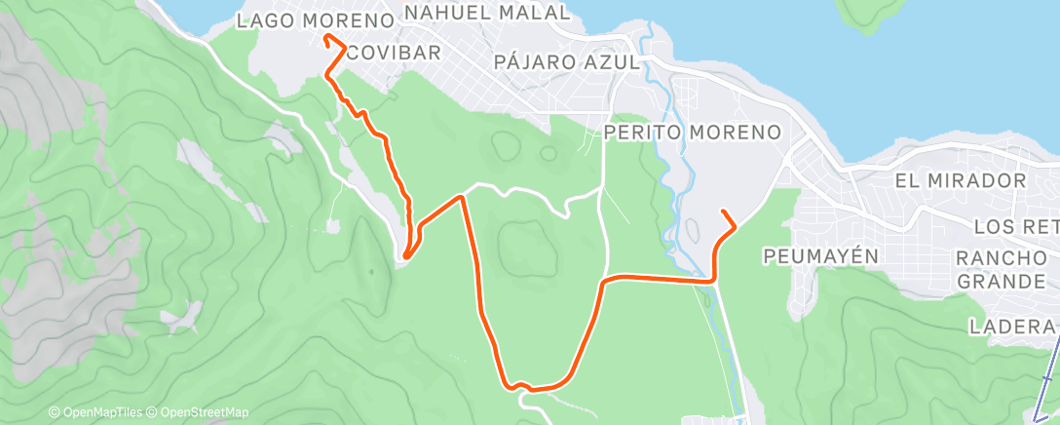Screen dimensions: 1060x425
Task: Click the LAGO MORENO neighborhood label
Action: coord(315,19)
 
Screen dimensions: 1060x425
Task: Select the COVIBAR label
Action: coord(394,52)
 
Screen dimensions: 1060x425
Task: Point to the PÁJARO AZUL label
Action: coord(566,61)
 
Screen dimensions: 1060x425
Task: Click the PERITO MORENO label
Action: coord(693,132)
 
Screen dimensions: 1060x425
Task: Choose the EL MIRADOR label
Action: coord(961,180)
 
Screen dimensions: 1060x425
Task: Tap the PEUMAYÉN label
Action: coord(822,255)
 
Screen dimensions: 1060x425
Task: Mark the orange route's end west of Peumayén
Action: coord(722,212)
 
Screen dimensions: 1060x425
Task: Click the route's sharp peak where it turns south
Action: coord(462,196)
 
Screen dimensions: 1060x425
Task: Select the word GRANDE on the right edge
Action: coord(1003,282)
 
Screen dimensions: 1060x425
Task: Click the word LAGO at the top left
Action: coord(267,19)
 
